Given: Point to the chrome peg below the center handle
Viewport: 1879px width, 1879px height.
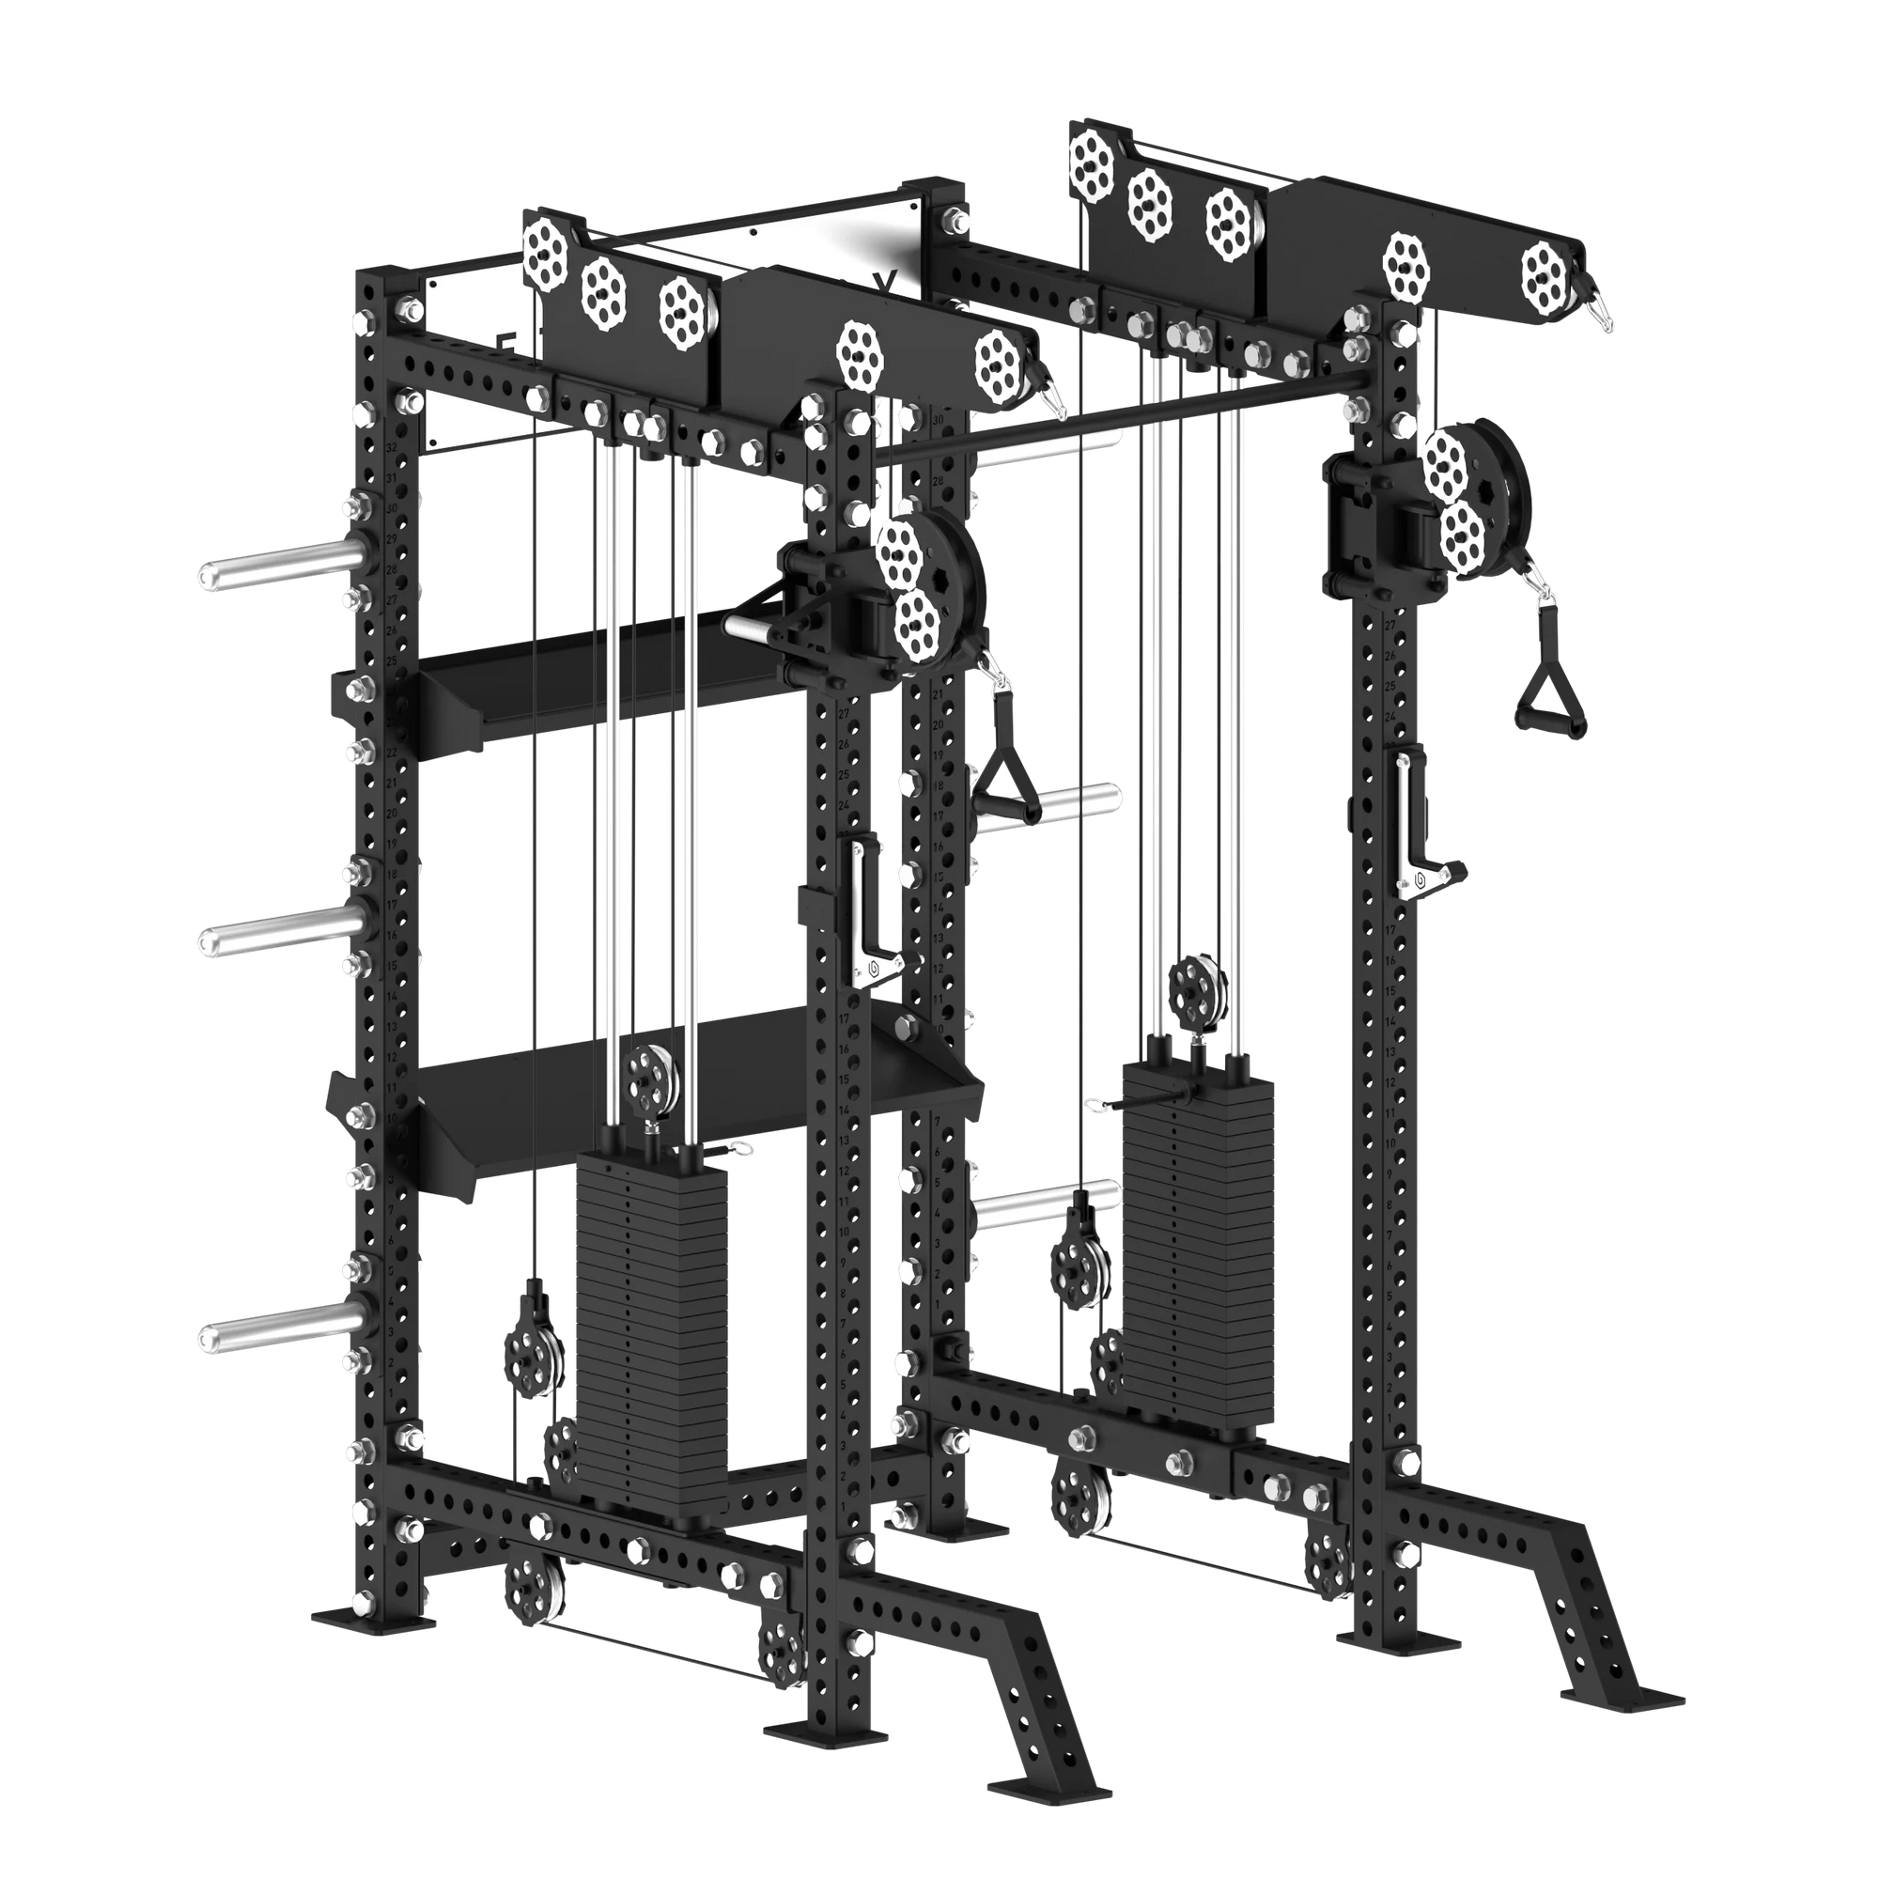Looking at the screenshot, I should (1046, 1206).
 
